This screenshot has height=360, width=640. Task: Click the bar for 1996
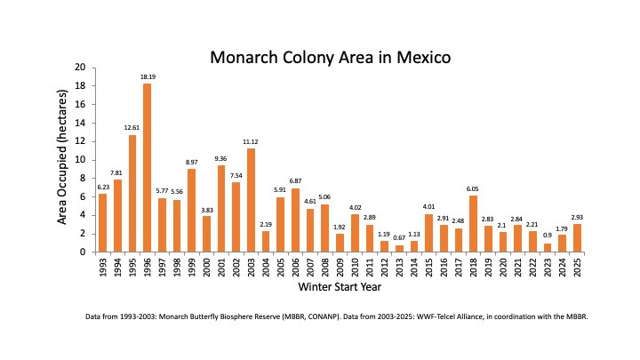[147, 168]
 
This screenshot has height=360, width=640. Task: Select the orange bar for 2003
[251, 200]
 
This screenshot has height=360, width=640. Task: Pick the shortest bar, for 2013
[399, 249]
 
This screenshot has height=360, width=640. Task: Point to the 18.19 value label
[147, 77]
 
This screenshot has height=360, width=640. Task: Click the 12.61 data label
[132, 129]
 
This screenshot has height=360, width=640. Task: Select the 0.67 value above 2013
[399, 238]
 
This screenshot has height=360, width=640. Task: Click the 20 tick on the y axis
[80, 68]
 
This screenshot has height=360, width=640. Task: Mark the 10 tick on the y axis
[80, 160]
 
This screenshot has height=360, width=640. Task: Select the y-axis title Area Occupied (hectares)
[63, 160]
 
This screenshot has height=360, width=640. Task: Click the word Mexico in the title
[423, 59]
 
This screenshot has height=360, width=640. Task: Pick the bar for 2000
[206, 234]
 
